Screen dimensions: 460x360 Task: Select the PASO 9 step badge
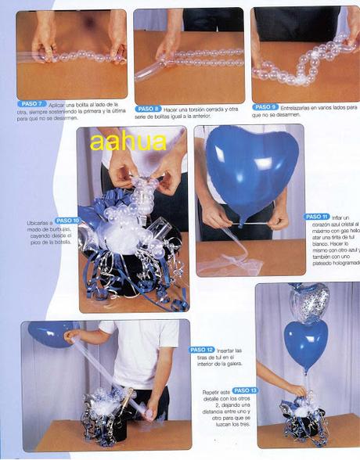click(265, 106)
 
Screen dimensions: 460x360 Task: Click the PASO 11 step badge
click(316, 216)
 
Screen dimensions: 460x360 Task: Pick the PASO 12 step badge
click(201, 350)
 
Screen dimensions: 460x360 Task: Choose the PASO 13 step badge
click(245, 390)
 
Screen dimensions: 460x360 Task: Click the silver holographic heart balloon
click(306, 302)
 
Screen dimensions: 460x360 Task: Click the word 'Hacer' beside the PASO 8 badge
click(172, 109)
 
